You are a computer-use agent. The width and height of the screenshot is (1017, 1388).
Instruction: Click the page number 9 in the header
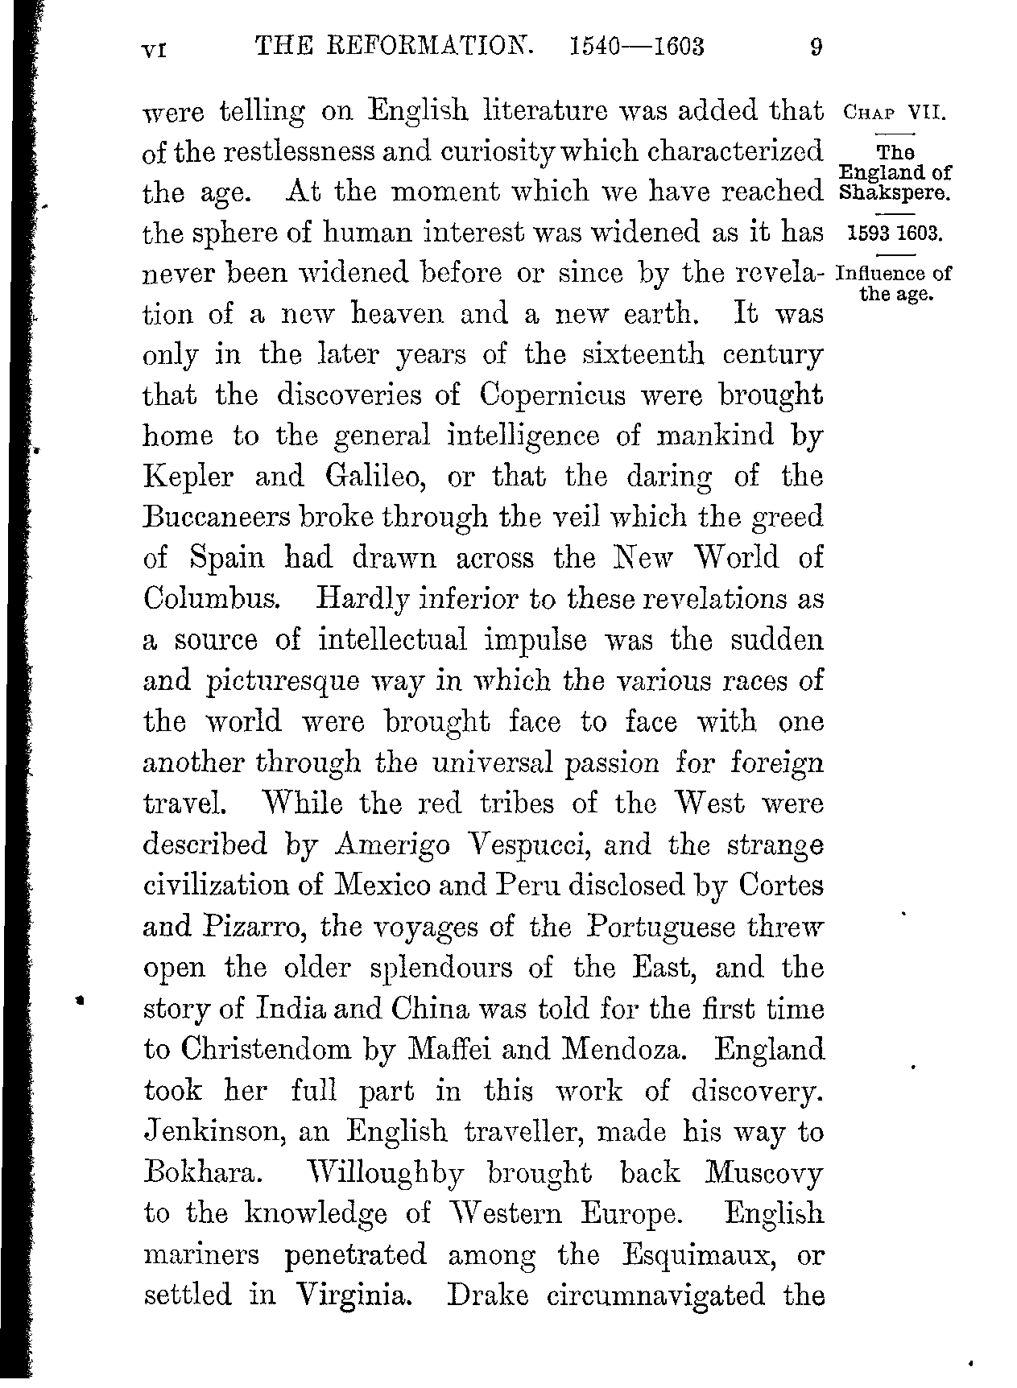816,47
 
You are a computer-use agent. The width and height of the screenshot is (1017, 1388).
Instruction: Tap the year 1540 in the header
594,47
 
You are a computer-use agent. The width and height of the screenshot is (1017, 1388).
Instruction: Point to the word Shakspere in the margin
895,193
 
